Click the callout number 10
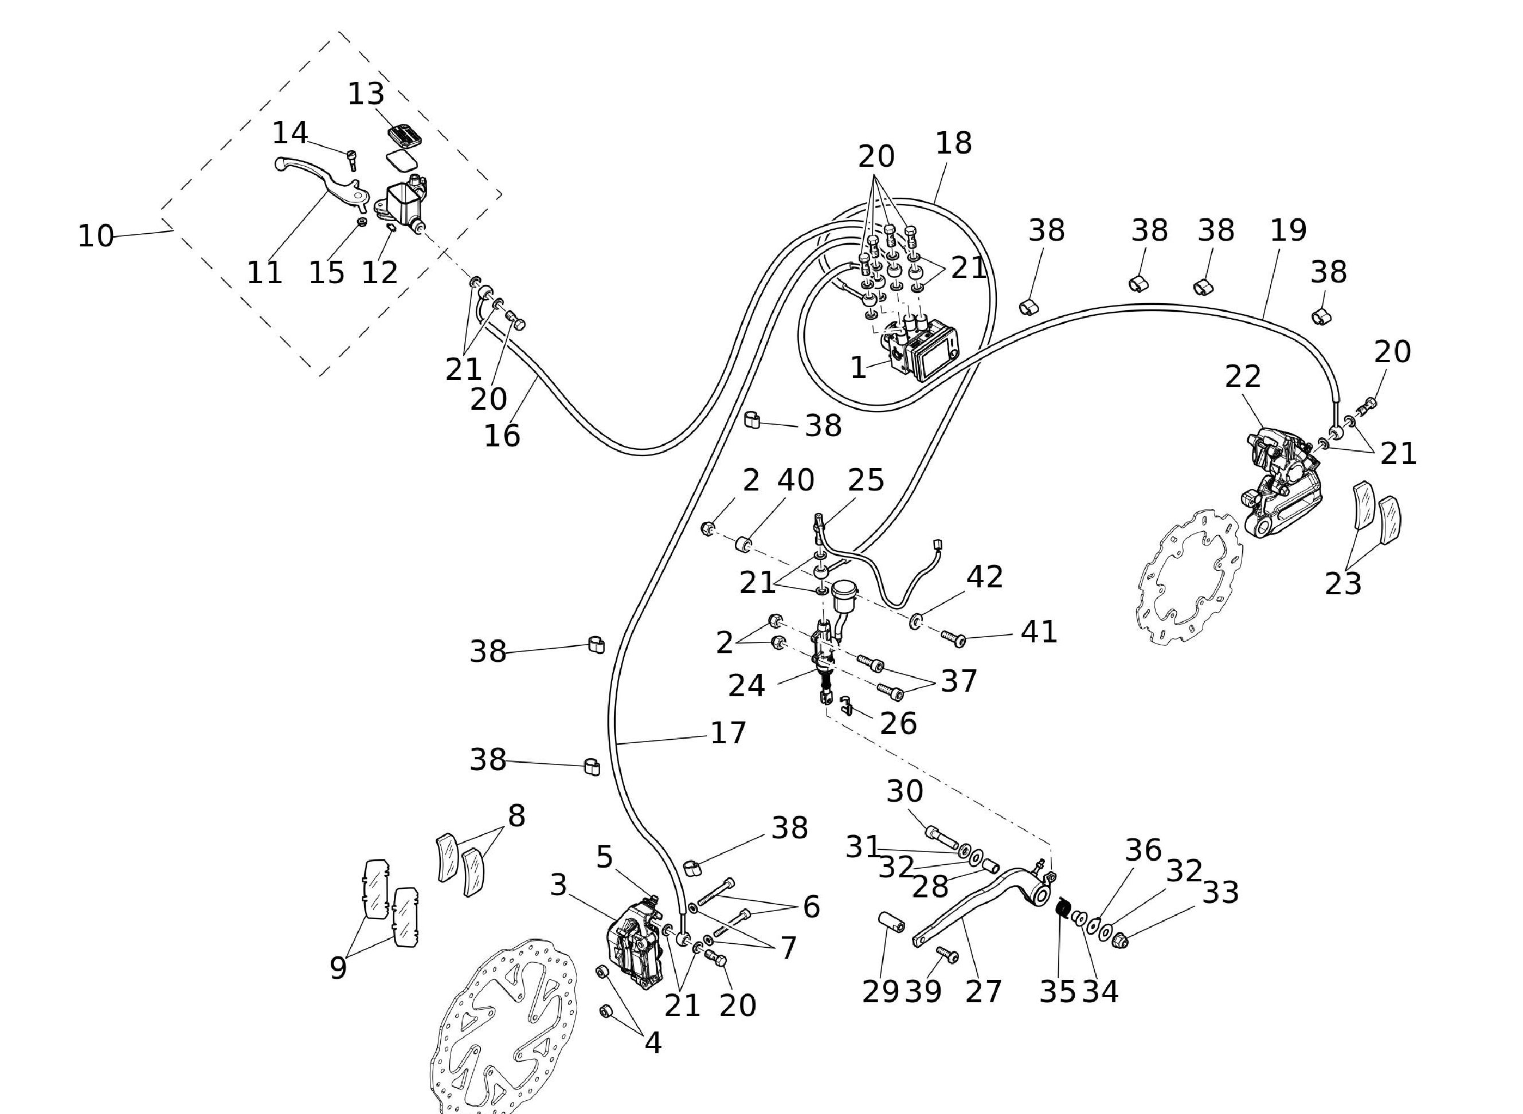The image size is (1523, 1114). point(95,236)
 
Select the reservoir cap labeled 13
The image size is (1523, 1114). point(405,134)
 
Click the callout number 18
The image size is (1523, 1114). point(954,143)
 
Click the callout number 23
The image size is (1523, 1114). point(1343,583)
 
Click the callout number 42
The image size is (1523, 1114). point(985,577)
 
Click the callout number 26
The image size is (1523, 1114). point(898,724)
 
